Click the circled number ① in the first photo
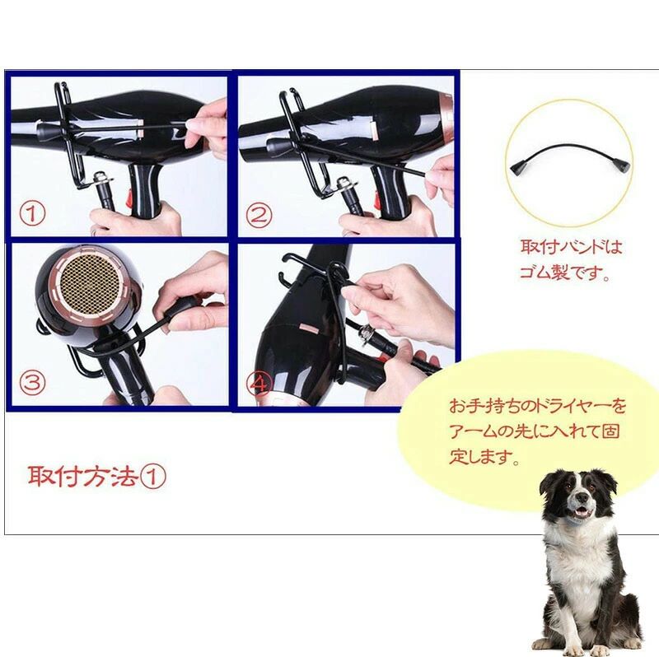click(32, 215)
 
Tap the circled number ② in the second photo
click(258, 215)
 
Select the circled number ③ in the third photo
click(32, 383)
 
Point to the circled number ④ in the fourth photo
click(259, 383)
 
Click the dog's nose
click(582, 497)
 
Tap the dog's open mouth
click(583, 510)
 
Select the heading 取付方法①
click(97, 477)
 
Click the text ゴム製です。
click(565, 273)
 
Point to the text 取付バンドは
click(571, 247)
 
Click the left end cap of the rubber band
click(518, 168)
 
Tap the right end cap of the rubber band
click(621, 165)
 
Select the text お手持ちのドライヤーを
click(537, 406)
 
